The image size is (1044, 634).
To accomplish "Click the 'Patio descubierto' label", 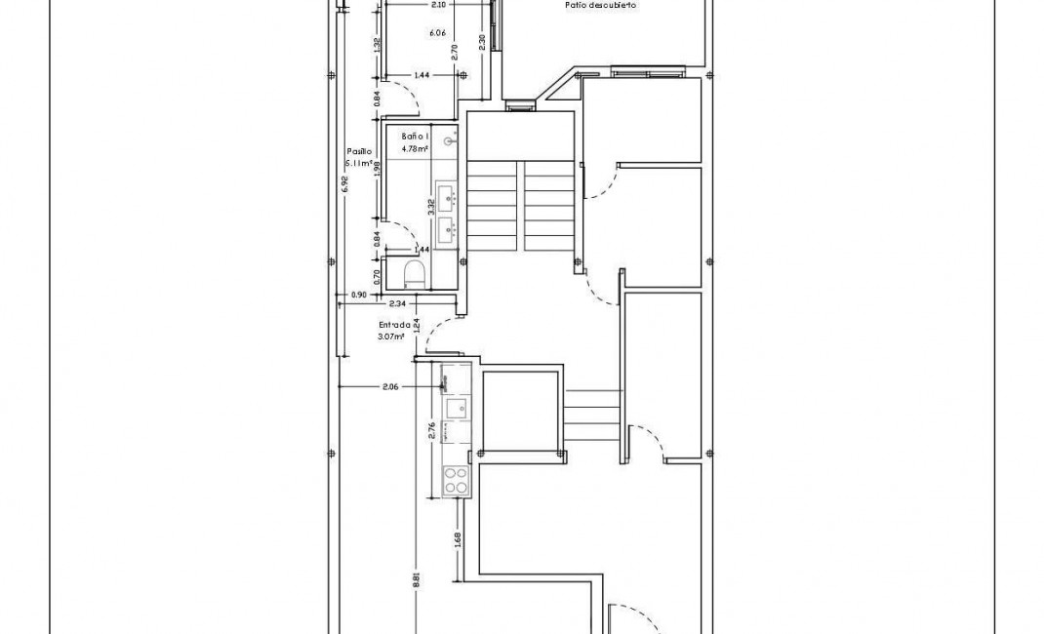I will pyautogui.click(x=600, y=6).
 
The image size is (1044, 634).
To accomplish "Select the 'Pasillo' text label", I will pyautogui.click(x=358, y=152).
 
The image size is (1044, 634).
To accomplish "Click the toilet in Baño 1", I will pyautogui.click(x=413, y=272).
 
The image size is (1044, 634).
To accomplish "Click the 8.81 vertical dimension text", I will pyautogui.click(x=417, y=579).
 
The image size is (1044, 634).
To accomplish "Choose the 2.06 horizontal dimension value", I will pyautogui.click(x=389, y=387).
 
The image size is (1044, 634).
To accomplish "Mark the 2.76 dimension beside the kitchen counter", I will pyautogui.click(x=432, y=430).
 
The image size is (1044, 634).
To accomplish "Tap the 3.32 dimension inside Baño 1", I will pyautogui.click(x=430, y=206).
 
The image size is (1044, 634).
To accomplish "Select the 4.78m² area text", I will pyautogui.click(x=416, y=149).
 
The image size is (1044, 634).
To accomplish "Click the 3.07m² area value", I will pyautogui.click(x=390, y=337).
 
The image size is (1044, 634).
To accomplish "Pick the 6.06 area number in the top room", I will pyautogui.click(x=437, y=32).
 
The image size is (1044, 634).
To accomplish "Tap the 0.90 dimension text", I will pyautogui.click(x=358, y=295).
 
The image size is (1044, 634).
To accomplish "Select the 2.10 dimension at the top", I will pyautogui.click(x=438, y=5).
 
